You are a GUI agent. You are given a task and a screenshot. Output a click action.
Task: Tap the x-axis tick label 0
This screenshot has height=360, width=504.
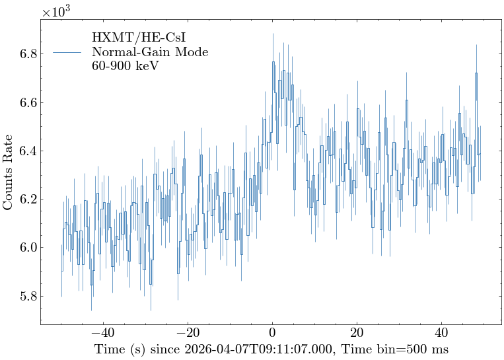pos(272,333)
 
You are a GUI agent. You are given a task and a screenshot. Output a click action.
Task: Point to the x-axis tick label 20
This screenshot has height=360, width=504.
pos(357,333)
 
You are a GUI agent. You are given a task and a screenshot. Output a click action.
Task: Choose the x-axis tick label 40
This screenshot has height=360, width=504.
pos(441,333)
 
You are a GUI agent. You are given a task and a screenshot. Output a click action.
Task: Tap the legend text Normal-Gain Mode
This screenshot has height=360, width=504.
pos(150,52)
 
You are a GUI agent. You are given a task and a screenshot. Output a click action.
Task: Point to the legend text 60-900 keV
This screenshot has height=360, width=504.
pos(125,67)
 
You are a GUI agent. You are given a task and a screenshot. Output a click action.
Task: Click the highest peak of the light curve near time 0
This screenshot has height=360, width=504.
pos(273,62)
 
